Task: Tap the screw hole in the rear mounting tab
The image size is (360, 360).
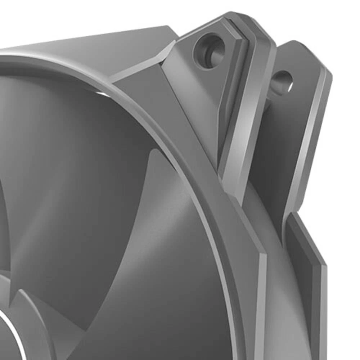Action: pos(282,81)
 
